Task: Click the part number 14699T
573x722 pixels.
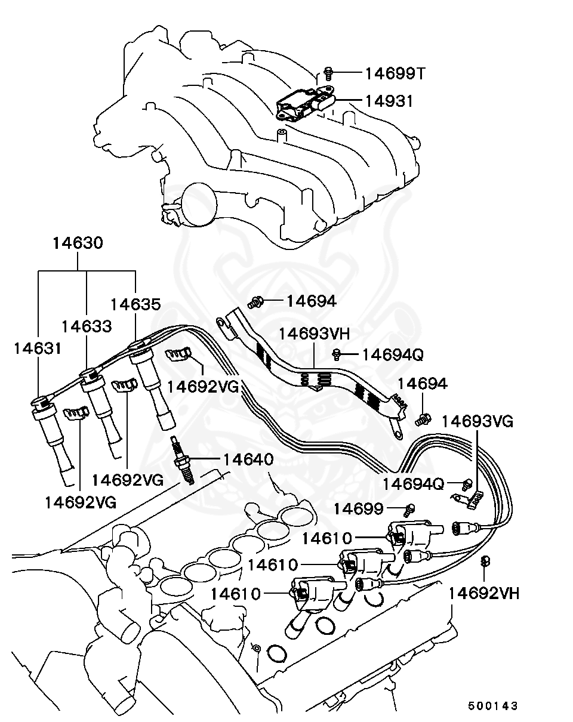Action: [395, 73]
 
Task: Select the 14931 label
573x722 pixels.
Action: [388, 101]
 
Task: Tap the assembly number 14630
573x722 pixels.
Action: [78, 243]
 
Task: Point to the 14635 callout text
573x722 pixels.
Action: [136, 304]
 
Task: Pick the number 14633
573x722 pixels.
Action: [87, 326]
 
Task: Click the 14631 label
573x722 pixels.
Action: [38, 348]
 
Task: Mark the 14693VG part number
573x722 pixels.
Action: [478, 421]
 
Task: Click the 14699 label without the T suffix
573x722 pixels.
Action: [358, 508]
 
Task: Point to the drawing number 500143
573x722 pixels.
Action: [493, 706]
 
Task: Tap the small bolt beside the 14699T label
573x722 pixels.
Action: [328, 73]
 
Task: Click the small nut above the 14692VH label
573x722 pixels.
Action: [485, 561]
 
